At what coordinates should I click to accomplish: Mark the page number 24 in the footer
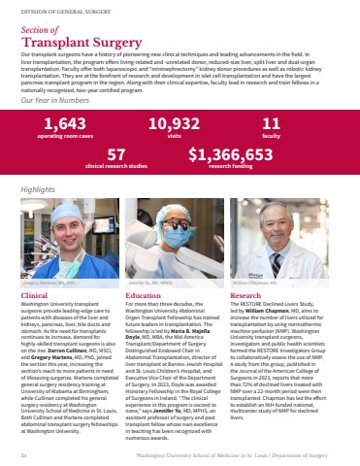click(23, 452)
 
